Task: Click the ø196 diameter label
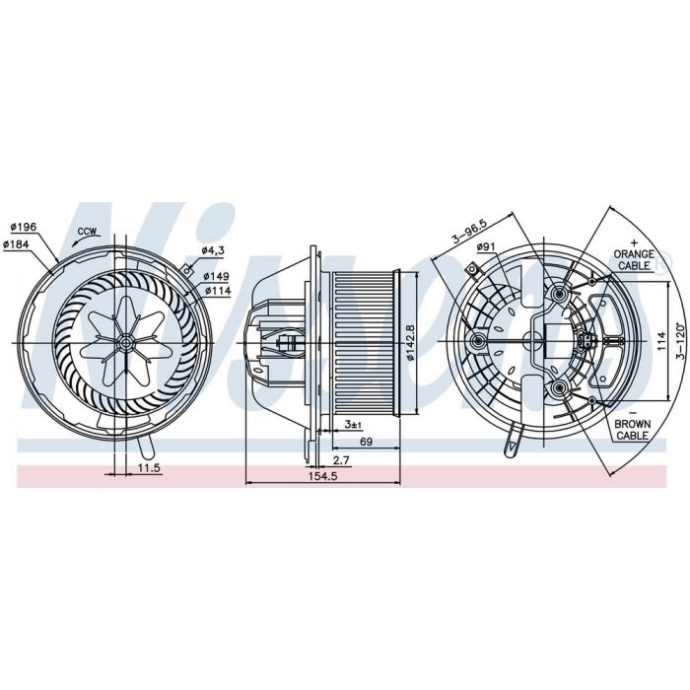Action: pyautogui.click(x=24, y=227)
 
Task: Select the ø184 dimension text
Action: pyautogui.click(x=16, y=244)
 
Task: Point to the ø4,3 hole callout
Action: pyautogui.click(x=213, y=250)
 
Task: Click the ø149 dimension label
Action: pyautogui.click(x=216, y=276)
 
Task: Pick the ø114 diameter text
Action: pyautogui.click(x=218, y=291)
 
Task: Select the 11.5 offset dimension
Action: pyautogui.click(x=149, y=468)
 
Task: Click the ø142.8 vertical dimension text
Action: pyautogui.click(x=411, y=343)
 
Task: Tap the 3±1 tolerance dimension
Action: pyautogui.click(x=353, y=425)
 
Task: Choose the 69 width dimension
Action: pyautogui.click(x=366, y=442)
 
